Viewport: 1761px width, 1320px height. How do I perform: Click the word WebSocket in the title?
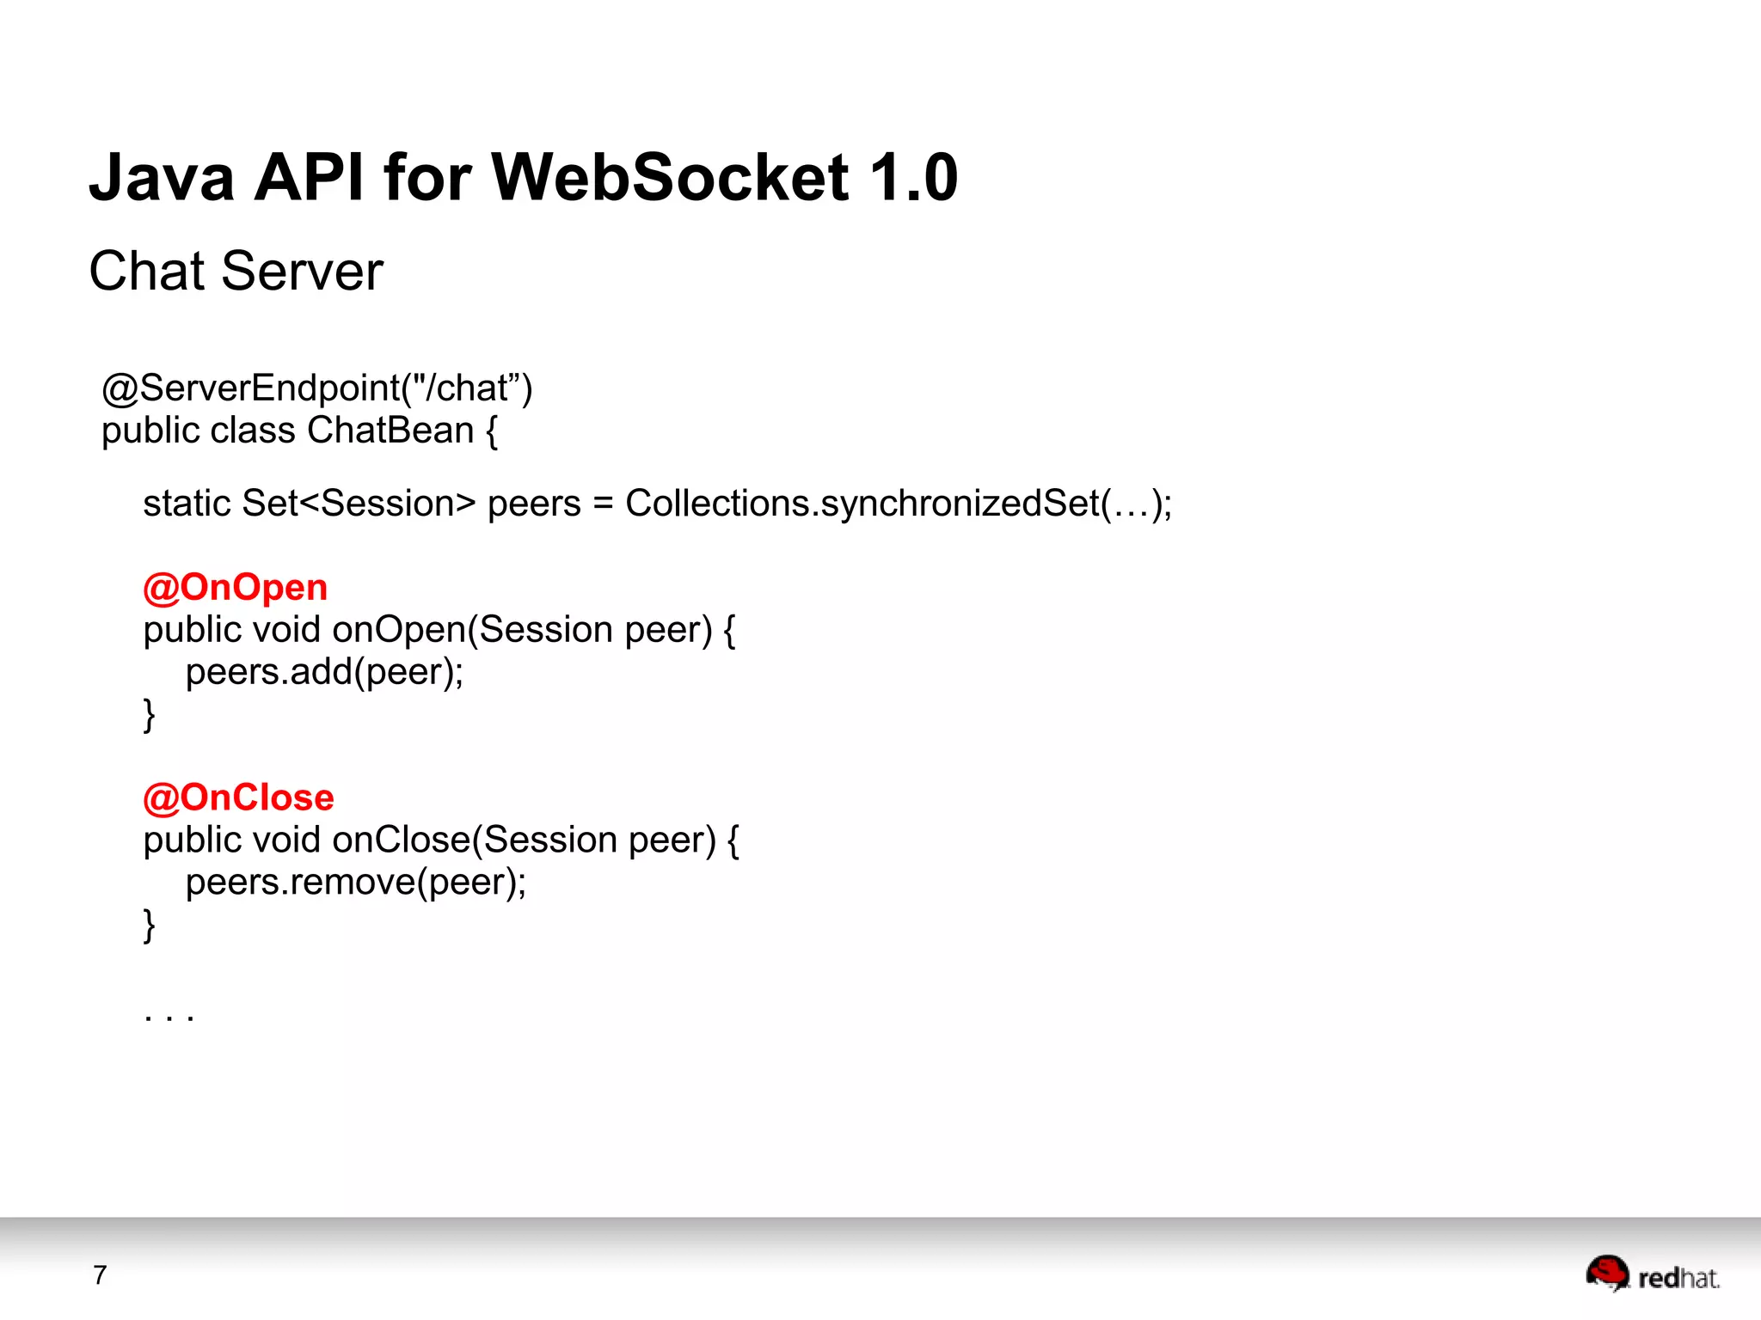click(670, 178)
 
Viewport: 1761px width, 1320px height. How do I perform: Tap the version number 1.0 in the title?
click(913, 178)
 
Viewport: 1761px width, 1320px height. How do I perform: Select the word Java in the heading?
click(162, 178)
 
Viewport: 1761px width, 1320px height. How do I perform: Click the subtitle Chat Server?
click(236, 272)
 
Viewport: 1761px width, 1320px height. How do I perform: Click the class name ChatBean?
click(390, 431)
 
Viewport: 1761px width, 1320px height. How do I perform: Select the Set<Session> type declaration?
click(358, 504)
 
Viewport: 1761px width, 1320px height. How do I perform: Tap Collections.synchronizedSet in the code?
click(862, 504)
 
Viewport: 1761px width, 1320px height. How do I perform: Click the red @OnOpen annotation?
click(235, 588)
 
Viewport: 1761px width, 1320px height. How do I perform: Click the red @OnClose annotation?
click(238, 798)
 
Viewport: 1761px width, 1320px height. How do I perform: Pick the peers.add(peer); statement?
click(324, 672)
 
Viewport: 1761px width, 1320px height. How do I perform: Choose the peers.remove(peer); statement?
click(356, 883)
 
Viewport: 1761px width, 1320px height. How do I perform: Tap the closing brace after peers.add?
click(150, 714)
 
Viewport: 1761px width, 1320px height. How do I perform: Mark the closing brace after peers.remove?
click(150, 925)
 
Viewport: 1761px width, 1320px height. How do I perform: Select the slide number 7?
click(100, 1274)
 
